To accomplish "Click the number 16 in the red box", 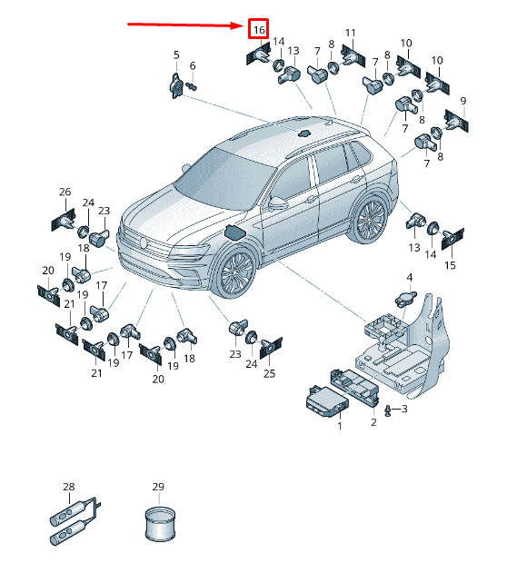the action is (x=259, y=29).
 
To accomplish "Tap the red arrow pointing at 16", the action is (x=184, y=25).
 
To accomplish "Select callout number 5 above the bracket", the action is (x=176, y=55).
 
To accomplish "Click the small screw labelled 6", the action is (x=191, y=86).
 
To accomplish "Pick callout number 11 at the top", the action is (x=350, y=33).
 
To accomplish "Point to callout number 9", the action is (x=463, y=101).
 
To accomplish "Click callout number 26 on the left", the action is (x=65, y=192).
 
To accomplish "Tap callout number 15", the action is (x=450, y=265).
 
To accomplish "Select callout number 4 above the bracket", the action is (x=410, y=277).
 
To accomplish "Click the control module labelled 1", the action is (x=327, y=401).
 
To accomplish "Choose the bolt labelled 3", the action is (x=388, y=411).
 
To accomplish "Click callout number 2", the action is (x=373, y=422).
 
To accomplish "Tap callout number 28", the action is (x=69, y=487).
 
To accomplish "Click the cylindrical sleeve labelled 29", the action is (x=160, y=523).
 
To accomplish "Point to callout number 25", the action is (x=270, y=373).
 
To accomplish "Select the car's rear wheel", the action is (x=370, y=220).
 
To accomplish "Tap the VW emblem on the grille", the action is (x=143, y=242).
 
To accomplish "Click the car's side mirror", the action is (x=278, y=203).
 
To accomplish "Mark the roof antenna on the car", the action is (x=304, y=133).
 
